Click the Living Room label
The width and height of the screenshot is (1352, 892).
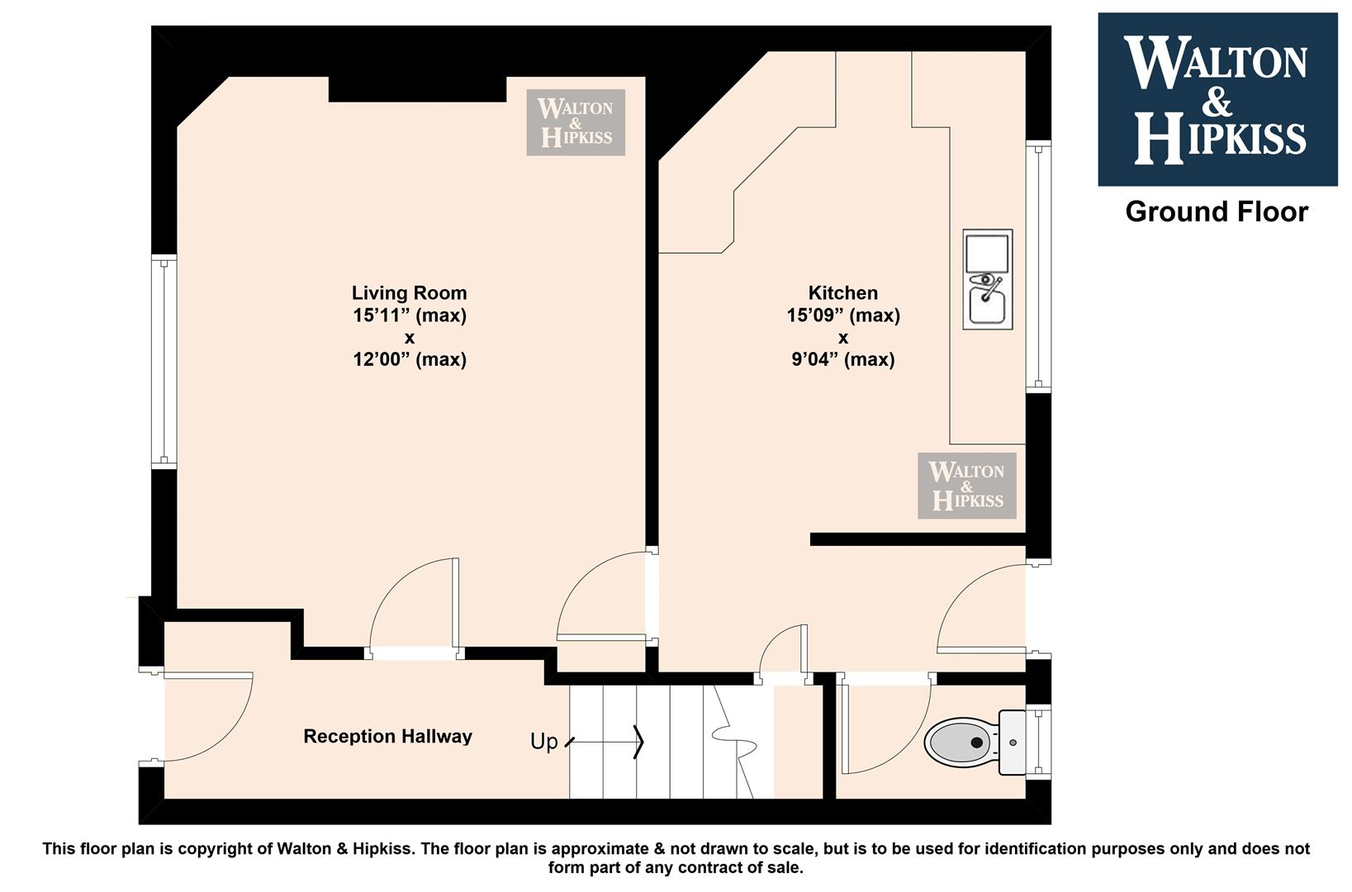(409, 293)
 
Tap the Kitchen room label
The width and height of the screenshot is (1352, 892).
(842, 293)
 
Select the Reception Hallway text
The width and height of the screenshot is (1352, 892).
(387, 737)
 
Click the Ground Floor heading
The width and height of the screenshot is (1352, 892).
(1217, 212)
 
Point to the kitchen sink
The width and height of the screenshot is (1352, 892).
(988, 279)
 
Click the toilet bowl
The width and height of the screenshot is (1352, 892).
(961, 743)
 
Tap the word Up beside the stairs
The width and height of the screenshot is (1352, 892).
(543, 741)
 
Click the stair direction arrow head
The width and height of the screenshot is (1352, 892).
(638, 742)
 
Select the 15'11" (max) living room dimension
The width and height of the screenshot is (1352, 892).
(409, 316)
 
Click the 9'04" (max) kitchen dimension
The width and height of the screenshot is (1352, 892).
(842, 360)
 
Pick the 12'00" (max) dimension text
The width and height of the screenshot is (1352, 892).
(409, 360)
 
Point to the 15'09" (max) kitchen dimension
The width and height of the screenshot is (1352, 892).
(842, 316)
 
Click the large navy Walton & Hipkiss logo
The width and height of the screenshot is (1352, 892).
(1217, 100)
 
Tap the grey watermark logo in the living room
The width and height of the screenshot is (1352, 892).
(575, 122)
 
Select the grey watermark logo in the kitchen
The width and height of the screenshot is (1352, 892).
(967, 486)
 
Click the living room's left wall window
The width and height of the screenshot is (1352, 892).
(164, 362)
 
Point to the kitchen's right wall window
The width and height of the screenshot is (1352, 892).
(1038, 267)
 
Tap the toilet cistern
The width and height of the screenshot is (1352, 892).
(1013, 743)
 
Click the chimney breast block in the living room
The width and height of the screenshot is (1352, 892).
(417, 88)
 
